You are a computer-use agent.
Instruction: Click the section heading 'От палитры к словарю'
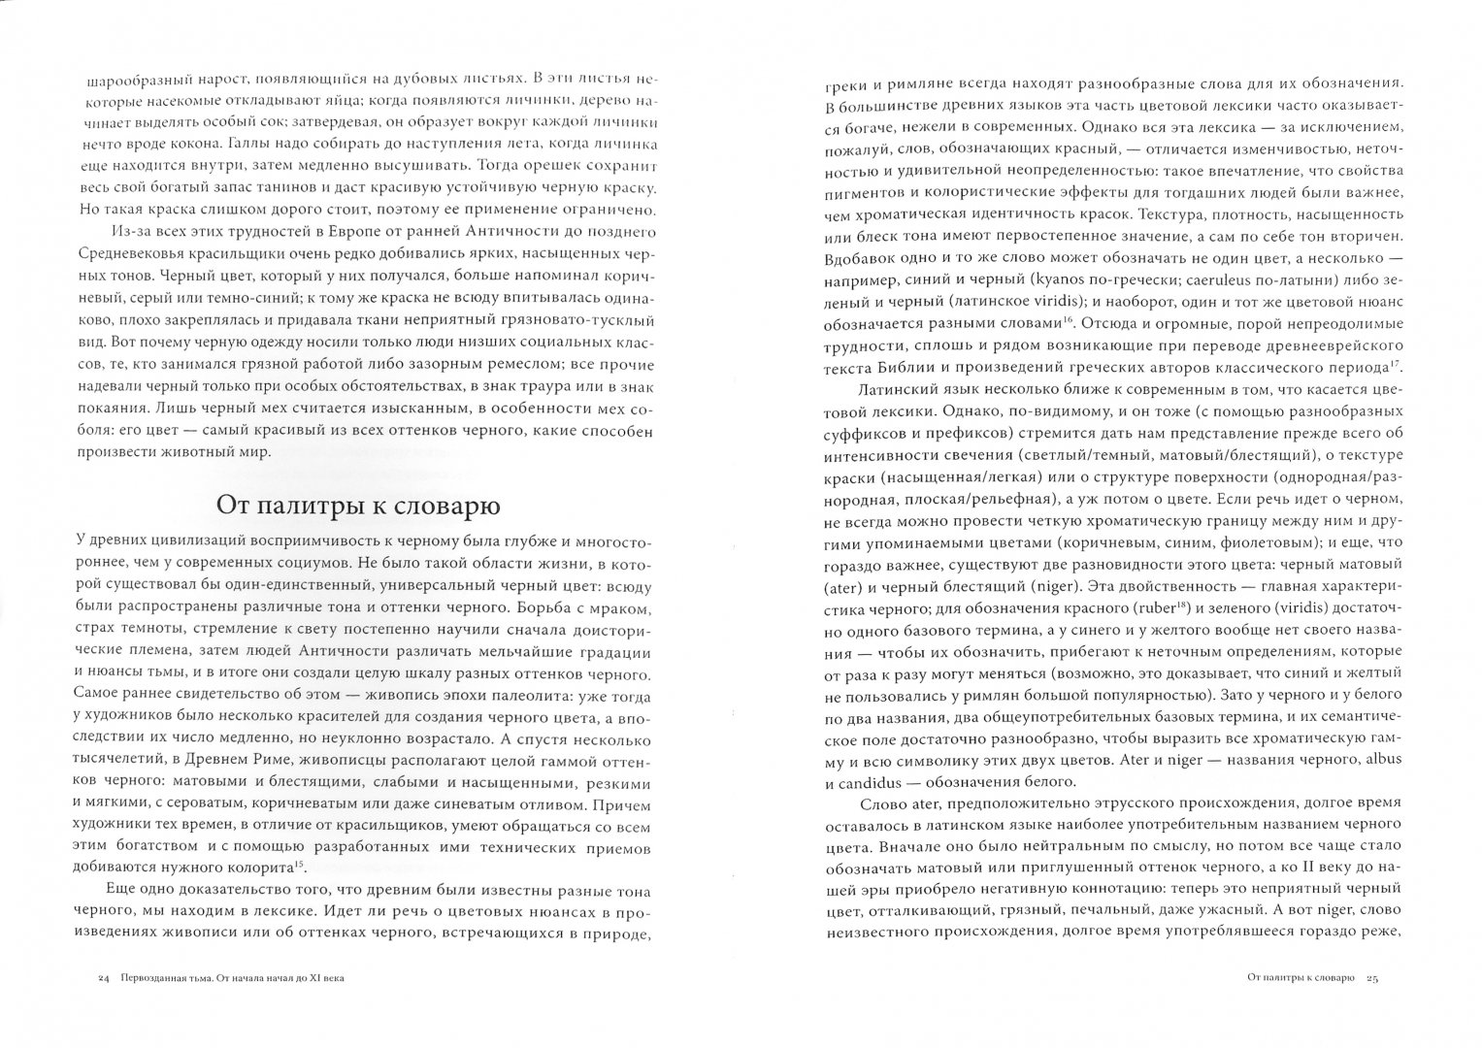pyautogui.click(x=357, y=507)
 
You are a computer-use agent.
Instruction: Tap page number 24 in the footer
pyautogui.click(x=104, y=977)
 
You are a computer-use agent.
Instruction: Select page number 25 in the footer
pyautogui.click(x=1371, y=977)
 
